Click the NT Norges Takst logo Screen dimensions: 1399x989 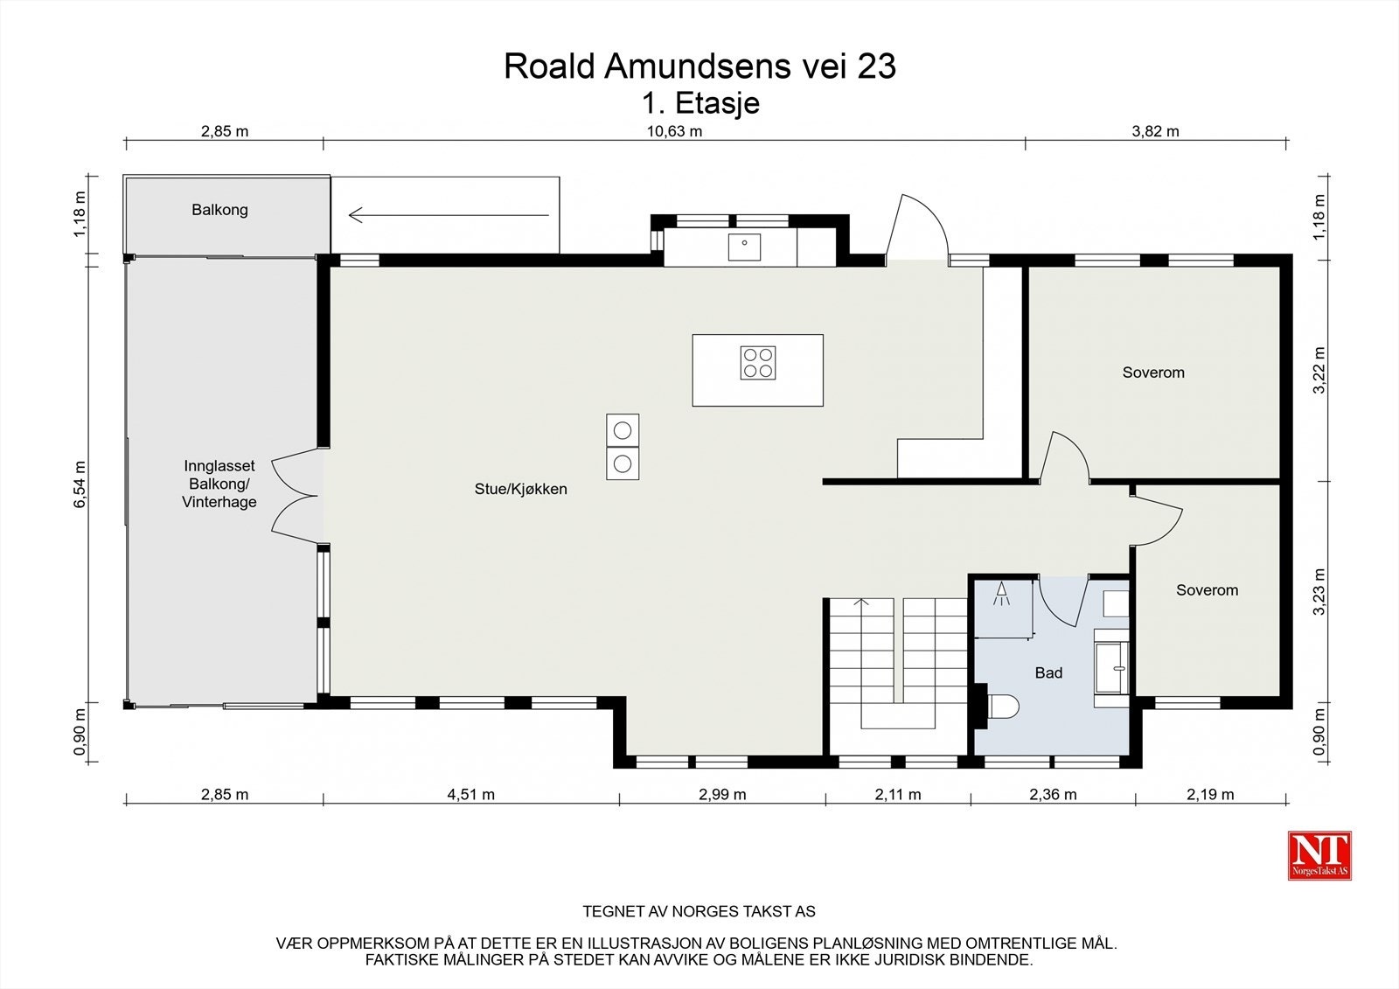[x=1319, y=855]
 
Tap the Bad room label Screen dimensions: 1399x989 [x=1048, y=672]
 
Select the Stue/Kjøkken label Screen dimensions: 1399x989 [x=521, y=489]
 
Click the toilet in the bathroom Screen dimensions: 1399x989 [x=1003, y=707]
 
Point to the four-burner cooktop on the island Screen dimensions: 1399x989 [x=757, y=363]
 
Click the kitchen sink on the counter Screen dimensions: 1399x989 [x=744, y=247]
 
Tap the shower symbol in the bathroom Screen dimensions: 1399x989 [x=1002, y=594]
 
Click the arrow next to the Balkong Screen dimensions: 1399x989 [x=449, y=215]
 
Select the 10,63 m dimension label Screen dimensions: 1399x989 [x=674, y=131]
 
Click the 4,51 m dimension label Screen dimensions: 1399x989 [x=471, y=795]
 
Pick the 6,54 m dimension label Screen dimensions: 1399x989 [x=80, y=484]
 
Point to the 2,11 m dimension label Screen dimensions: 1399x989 [x=897, y=795]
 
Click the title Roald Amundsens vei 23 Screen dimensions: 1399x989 [x=699, y=66]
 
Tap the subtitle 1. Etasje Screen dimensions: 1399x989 [x=700, y=104]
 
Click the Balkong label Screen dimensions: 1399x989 [x=219, y=210]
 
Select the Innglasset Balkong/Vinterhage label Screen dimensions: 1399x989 [x=219, y=484]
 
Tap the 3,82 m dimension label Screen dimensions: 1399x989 [x=1155, y=131]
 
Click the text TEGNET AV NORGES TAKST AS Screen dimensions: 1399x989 [x=699, y=911]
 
